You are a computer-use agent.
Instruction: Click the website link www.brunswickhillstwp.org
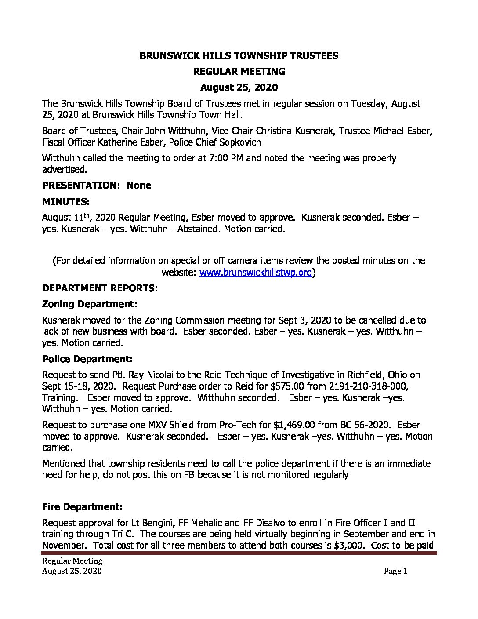click(256, 273)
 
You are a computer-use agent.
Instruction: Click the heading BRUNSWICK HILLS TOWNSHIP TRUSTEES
click(239, 55)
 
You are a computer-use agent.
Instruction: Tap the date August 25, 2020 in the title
click(239, 87)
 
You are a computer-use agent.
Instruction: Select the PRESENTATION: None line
click(97, 186)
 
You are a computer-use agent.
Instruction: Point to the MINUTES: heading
click(66, 202)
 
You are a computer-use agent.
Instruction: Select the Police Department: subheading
click(87, 359)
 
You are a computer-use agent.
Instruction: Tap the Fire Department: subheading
click(83, 507)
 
